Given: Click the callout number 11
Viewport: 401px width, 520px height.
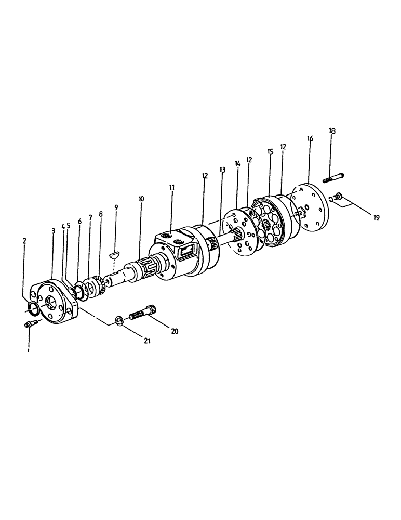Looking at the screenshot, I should pyautogui.click(x=172, y=187).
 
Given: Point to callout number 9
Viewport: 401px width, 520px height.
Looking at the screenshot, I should pyautogui.click(x=116, y=207).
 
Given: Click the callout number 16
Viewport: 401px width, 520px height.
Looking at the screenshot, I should pyautogui.click(x=310, y=139).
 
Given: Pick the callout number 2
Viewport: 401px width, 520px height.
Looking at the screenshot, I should pyautogui.click(x=24, y=241).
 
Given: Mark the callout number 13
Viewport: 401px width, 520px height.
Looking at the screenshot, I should pyautogui.click(x=222, y=170).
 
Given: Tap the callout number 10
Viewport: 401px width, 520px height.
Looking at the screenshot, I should pyautogui.click(x=141, y=199).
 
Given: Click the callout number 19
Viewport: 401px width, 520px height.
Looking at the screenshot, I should pyautogui.click(x=377, y=218).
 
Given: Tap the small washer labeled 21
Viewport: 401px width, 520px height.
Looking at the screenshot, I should pyautogui.click(x=118, y=320).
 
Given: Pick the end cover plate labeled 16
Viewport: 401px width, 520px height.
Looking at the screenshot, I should pyautogui.click(x=312, y=207).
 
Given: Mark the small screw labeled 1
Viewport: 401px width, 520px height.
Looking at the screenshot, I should pyautogui.click(x=29, y=325).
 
